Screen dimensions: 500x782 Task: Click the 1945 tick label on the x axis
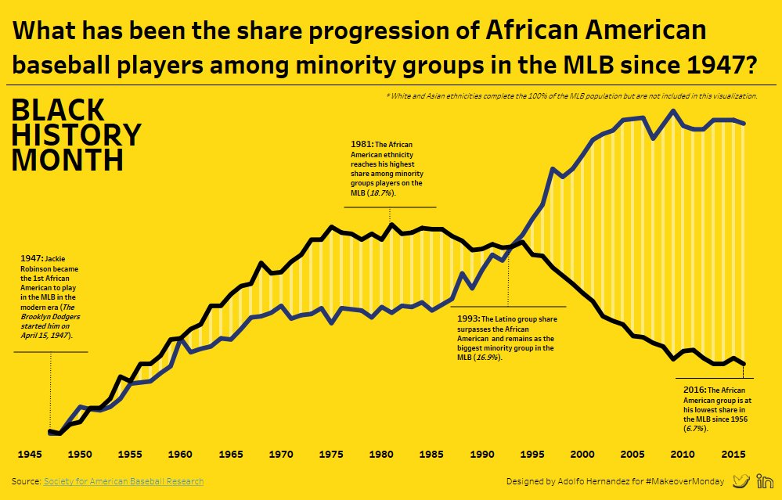pos(30,454)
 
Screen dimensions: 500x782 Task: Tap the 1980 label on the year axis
pos(382,454)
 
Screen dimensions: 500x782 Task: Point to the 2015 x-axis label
pos(733,454)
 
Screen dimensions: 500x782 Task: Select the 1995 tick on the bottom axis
pos(532,454)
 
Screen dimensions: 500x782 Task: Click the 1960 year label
pos(180,454)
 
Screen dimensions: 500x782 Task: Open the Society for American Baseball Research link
pos(124,481)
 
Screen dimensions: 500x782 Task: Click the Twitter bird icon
pos(741,481)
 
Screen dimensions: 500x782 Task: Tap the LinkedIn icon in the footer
pos(765,481)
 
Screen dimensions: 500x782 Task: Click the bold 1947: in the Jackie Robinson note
pos(31,258)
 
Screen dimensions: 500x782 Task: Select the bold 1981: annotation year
pos(362,144)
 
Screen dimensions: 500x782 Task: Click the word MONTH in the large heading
pos(67,160)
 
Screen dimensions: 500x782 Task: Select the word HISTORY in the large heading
pos(76,135)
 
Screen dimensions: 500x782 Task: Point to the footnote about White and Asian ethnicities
pos(571,95)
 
